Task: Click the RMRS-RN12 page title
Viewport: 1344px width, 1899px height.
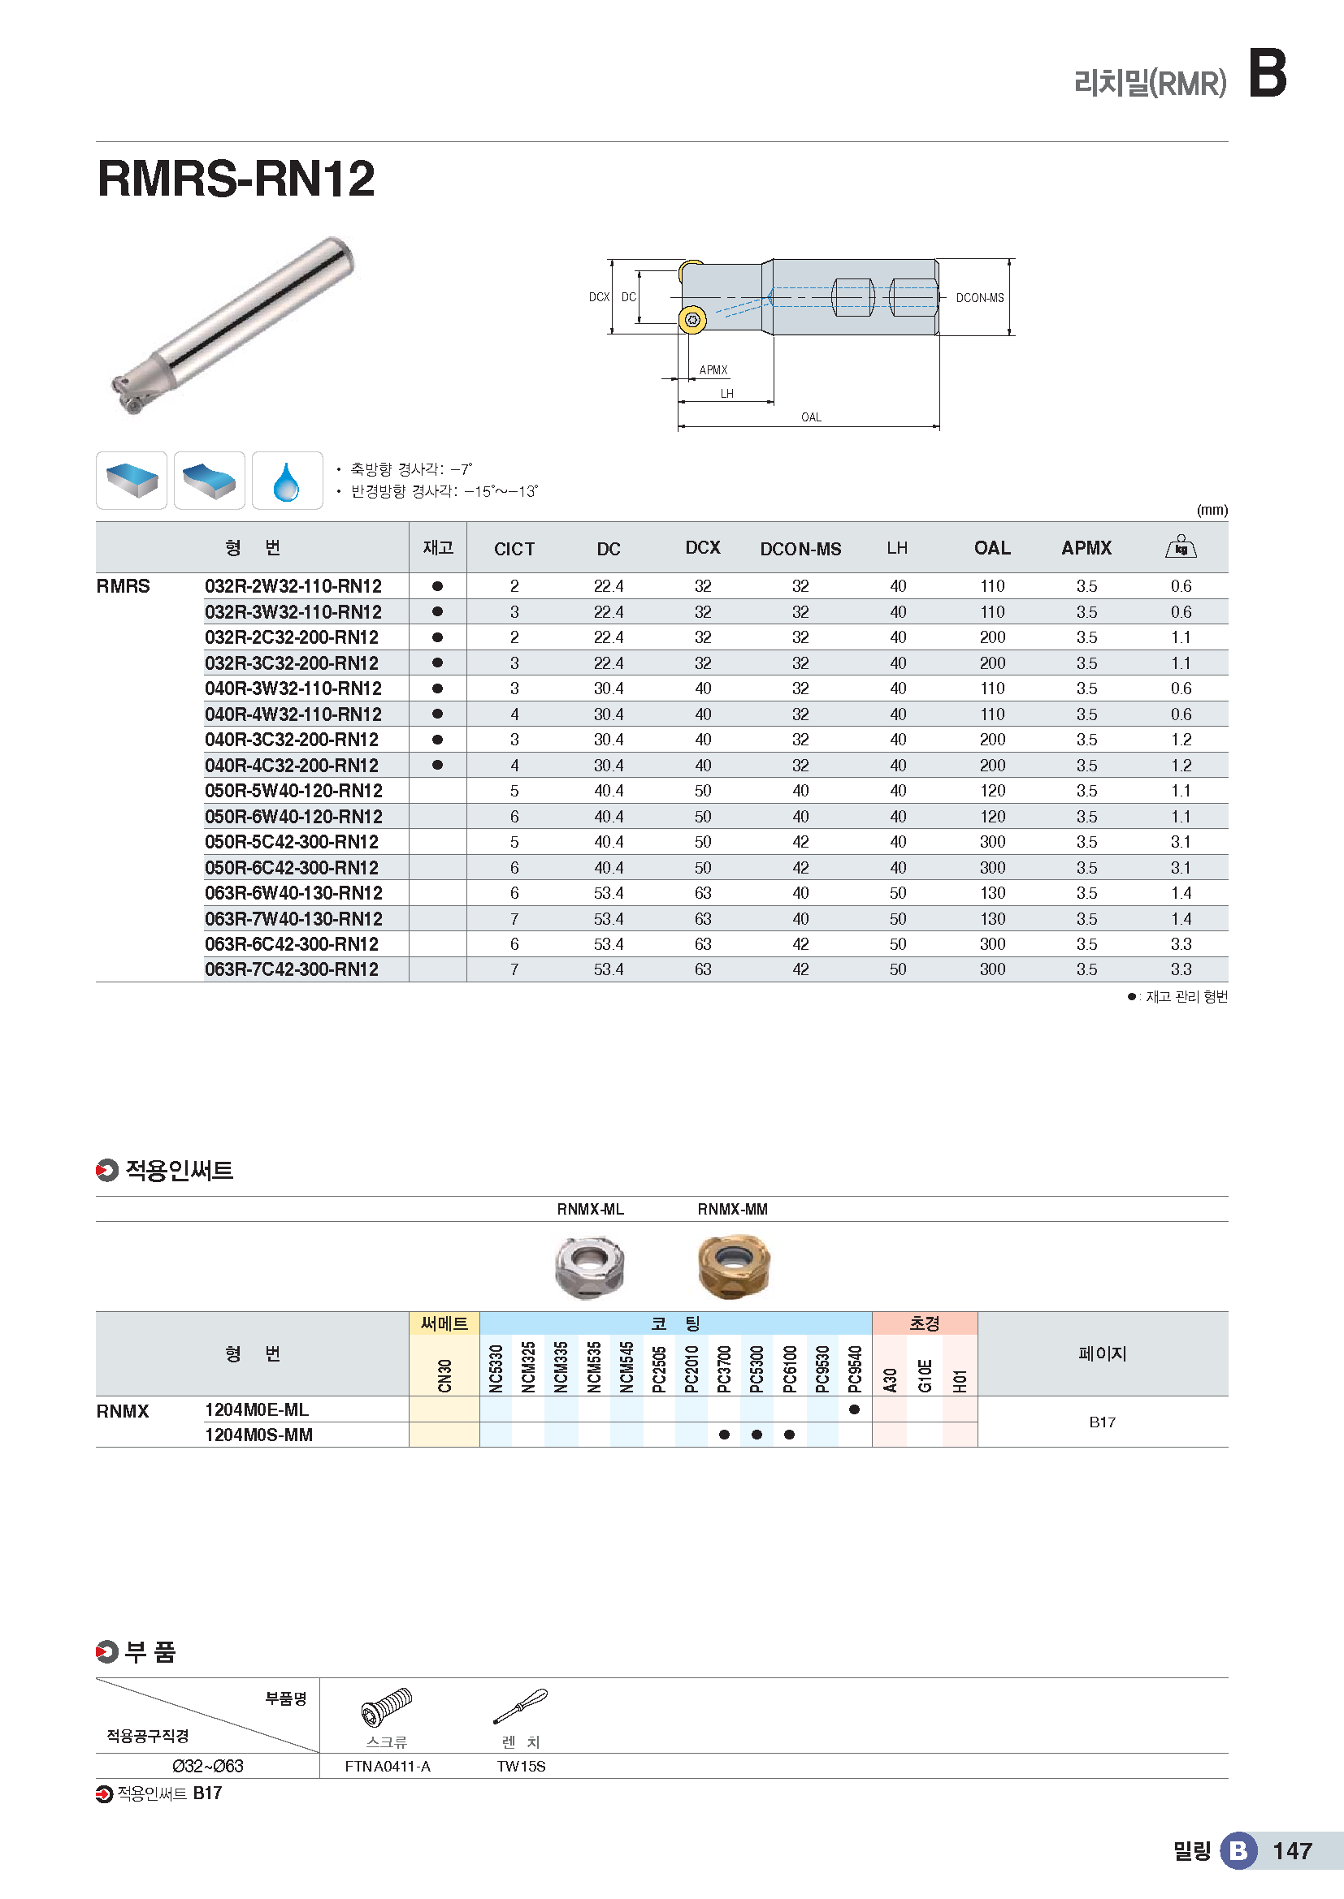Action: click(x=236, y=179)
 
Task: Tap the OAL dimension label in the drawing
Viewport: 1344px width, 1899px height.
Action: click(x=811, y=416)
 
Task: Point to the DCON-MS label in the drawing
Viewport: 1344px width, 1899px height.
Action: click(x=979, y=298)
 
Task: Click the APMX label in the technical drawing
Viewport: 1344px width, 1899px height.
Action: click(x=713, y=369)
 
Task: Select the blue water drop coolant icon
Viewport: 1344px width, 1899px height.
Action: click(x=286, y=481)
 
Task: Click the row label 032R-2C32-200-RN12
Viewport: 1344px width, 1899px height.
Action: click(x=292, y=637)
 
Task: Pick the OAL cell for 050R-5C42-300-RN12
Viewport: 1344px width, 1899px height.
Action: click(x=991, y=842)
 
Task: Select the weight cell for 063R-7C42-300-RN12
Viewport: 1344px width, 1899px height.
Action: click(x=1180, y=969)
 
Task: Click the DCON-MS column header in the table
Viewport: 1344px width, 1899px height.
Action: click(x=800, y=548)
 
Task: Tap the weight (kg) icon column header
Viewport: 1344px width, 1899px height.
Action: click(x=1180, y=546)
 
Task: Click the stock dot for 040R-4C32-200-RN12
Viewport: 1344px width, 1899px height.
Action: click(x=438, y=765)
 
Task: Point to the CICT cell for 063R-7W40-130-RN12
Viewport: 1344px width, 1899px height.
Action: click(x=514, y=919)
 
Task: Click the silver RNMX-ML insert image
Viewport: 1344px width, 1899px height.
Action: click(x=589, y=1267)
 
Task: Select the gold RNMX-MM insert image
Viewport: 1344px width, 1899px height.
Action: click(x=733, y=1267)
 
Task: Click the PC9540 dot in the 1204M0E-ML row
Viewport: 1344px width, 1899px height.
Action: click(x=854, y=1409)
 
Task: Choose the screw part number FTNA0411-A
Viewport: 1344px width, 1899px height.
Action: click(x=388, y=1767)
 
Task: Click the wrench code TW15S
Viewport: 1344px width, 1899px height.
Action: click(x=521, y=1767)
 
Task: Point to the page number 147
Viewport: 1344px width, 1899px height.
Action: click(x=1292, y=1851)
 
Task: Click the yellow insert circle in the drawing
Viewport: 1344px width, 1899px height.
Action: click(x=692, y=320)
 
